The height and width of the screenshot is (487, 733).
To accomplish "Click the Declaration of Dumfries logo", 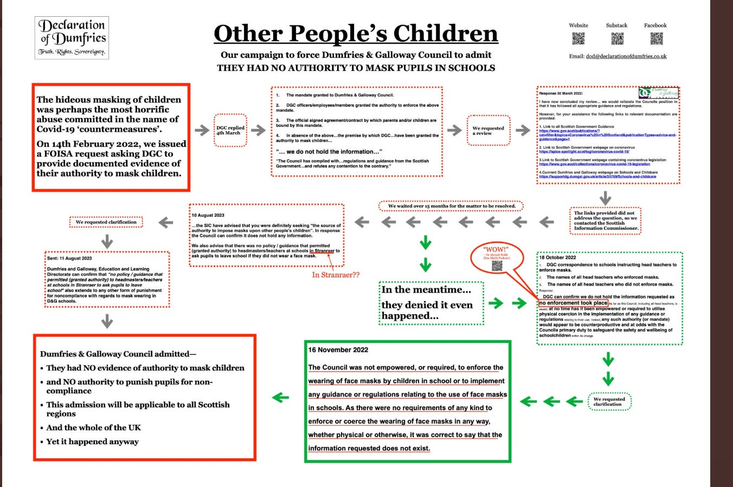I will [x=72, y=38].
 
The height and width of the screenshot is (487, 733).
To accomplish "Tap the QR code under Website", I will [x=578, y=38].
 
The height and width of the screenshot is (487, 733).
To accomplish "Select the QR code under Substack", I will [x=617, y=38].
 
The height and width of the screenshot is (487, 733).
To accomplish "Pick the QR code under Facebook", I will [x=656, y=38].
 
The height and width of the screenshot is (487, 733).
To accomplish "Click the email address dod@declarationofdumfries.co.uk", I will [x=626, y=56].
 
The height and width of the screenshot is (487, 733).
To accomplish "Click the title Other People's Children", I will [x=356, y=34].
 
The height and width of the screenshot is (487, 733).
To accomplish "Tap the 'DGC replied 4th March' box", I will [x=230, y=130].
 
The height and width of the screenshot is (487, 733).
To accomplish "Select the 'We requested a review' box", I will [x=488, y=131].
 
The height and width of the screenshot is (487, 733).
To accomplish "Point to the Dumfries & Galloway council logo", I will [x=658, y=93].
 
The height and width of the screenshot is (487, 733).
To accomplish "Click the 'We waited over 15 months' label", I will [x=451, y=206].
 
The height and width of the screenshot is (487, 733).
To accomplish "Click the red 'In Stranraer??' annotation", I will [x=336, y=275].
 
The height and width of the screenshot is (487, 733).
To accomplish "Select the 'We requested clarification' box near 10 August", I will [x=106, y=222].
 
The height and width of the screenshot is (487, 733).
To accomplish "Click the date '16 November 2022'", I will [x=338, y=350].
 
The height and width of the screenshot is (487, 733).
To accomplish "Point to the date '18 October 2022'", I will [x=558, y=257].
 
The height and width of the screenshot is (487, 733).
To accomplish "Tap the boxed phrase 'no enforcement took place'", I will [x=573, y=303].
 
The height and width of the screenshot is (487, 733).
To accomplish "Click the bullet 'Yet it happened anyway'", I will [x=92, y=441].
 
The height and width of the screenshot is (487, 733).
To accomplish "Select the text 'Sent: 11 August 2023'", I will [x=69, y=258].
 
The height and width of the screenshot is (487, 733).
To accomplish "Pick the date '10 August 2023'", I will [x=208, y=215].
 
